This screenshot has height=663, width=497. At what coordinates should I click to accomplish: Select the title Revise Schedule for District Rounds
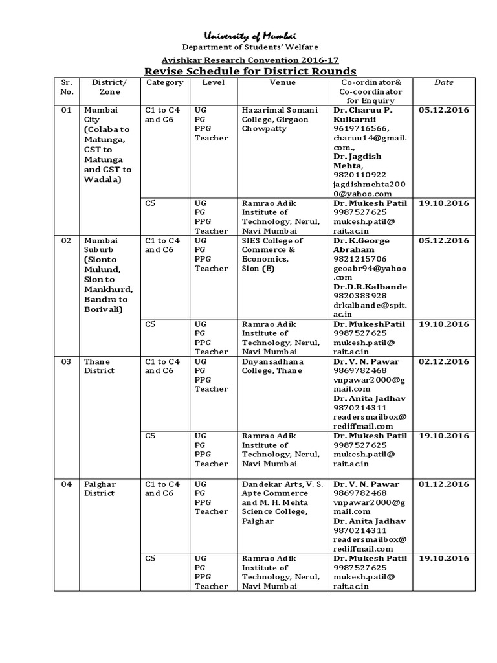pos(249,71)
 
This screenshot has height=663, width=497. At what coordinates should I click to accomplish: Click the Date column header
pos(444,82)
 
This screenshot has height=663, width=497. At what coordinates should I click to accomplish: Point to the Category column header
pos(165,82)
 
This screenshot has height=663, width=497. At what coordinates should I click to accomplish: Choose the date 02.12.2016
pos(444,361)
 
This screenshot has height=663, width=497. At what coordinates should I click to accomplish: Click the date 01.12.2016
pos(444,484)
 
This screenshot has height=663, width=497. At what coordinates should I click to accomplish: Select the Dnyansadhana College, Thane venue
pos(272,366)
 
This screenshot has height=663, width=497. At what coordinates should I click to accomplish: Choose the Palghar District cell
pos(99,488)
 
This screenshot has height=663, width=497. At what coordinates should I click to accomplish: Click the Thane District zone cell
pos(99,366)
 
